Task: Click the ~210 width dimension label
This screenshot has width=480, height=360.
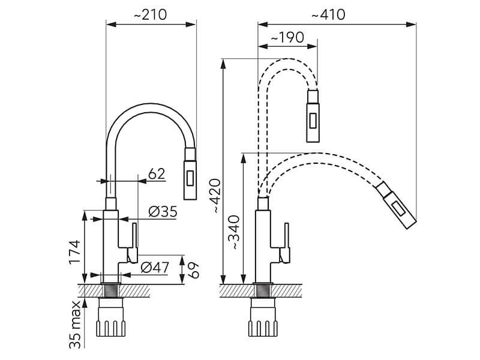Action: pos(151,14)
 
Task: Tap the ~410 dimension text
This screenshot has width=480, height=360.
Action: pos(328,14)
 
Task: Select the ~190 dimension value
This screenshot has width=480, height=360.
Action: pos(287,37)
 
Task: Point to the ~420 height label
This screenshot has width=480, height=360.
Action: pos(217,196)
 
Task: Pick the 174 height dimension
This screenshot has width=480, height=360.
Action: pos(74,252)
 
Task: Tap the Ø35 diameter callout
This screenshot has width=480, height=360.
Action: pos(163,212)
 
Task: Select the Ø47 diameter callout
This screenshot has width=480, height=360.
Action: pos(155,268)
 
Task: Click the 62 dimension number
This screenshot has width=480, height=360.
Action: pos(157,174)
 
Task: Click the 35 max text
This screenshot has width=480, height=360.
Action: pos(75,325)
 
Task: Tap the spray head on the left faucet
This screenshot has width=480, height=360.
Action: pos(190,173)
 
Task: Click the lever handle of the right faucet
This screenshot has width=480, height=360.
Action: pos(284,243)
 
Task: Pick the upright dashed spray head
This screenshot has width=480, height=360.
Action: pos(313,116)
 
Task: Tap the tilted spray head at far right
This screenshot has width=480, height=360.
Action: pos(396,205)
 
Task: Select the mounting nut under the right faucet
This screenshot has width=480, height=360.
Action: pos(263,317)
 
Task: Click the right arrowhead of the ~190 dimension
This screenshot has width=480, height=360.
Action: pos(312,47)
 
